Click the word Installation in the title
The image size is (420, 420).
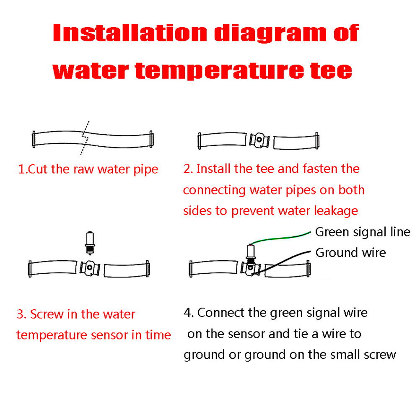click(130, 33)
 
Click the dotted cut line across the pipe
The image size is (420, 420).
click(85, 137)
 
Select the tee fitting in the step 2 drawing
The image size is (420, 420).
click(259, 140)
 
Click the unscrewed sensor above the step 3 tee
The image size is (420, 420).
click(90, 243)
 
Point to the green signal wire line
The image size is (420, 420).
click(280, 237)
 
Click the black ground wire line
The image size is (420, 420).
click(281, 263)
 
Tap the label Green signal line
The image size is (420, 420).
click(363, 232)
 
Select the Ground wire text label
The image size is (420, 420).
click(350, 253)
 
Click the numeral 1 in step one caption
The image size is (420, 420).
click(21, 169)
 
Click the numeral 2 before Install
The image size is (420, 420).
click(187, 169)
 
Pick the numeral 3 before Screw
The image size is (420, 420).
click(20, 314)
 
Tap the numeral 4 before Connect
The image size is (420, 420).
click(187, 313)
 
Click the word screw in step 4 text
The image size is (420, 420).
click(380, 355)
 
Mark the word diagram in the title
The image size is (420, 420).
click(270, 34)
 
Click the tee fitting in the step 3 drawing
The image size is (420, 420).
click(90, 268)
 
